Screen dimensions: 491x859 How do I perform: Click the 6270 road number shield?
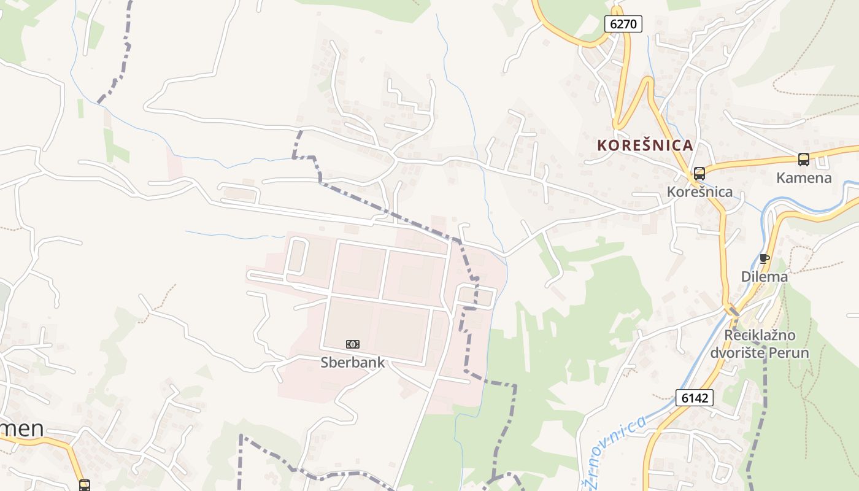[623, 24]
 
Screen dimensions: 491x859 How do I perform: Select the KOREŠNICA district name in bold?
[645, 145]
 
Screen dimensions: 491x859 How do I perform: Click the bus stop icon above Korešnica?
[699, 174]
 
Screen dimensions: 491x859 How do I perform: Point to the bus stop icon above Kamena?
[804, 160]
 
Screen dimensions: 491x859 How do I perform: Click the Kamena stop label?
[804, 178]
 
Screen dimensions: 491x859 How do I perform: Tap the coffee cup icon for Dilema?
[764, 258]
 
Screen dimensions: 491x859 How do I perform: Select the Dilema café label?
[764, 277]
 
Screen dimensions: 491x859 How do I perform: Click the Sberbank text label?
[353, 363]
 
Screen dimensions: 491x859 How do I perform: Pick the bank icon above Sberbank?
[353, 344]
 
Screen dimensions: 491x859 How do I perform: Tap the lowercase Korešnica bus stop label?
[699, 192]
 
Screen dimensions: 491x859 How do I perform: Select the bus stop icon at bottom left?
[84, 485]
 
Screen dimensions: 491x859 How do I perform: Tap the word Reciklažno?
[760, 336]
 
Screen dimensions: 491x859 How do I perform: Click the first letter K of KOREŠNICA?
[603, 145]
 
